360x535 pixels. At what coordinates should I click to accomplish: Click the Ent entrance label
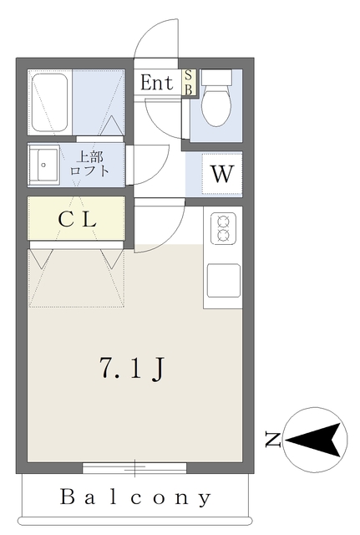point(156,83)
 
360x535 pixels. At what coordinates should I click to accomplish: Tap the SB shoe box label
point(189,83)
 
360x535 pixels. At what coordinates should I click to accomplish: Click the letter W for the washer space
point(221,175)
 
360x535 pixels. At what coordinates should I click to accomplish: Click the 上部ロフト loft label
point(92,164)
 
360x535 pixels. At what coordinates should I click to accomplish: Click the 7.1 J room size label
point(130,368)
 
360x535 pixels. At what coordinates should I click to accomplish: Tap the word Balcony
point(135,498)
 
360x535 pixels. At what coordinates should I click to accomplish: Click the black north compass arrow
point(315,437)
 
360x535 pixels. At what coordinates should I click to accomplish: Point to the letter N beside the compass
point(271,438)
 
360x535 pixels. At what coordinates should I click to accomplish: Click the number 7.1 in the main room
point(119,368)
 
